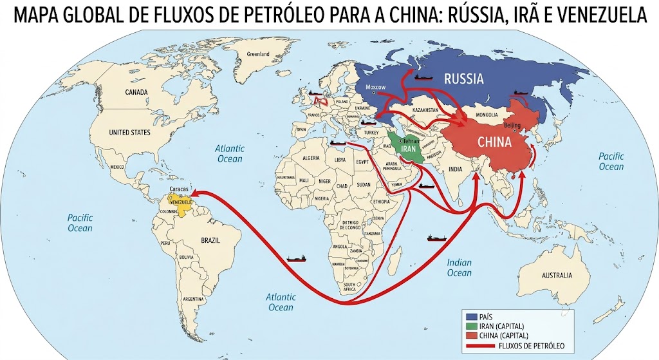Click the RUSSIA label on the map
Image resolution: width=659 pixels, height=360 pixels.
click(463, 80)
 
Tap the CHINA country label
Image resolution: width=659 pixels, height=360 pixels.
click(494, 142)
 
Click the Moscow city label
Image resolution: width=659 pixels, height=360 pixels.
click(375, 87)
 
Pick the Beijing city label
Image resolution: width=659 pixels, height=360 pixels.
click(512, 125)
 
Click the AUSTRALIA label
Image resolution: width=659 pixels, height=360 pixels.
click(556, 276)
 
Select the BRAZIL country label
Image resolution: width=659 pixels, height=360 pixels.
click(210, 240)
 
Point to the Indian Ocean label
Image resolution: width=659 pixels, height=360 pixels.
click(459, 268)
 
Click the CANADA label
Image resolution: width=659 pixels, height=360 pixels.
click(136, 92)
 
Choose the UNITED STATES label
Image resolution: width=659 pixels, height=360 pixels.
click(129, 133)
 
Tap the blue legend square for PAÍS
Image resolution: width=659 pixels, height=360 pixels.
click(471, 317)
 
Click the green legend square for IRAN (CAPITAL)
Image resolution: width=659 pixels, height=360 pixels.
click(471, 327)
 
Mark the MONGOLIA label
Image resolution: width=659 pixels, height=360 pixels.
click(487, 115)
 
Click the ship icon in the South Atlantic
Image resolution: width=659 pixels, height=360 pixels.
click(296, 258)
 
